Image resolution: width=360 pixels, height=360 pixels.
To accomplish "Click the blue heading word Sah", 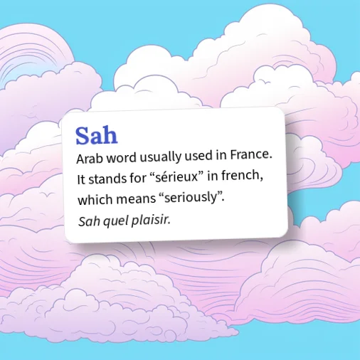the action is [x=97, y=135].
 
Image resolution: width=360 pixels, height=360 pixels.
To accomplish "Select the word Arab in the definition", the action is [x=90, y=159].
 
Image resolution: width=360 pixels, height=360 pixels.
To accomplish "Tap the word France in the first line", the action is [x=251, y=155].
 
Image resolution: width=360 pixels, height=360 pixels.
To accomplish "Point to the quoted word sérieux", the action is [x=176, y=177].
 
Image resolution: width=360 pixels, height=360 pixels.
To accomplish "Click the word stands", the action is [x=107, y=179].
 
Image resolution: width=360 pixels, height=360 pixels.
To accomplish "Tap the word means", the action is [x=136, y=198].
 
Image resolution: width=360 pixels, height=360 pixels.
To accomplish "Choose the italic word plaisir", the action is [x=151, y=220].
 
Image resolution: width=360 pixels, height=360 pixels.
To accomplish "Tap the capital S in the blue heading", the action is [x=83, y=136].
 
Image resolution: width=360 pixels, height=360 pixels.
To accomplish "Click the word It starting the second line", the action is [x=81, y=179].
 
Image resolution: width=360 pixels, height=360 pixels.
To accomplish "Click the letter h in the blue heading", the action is [x=110, y=135].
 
